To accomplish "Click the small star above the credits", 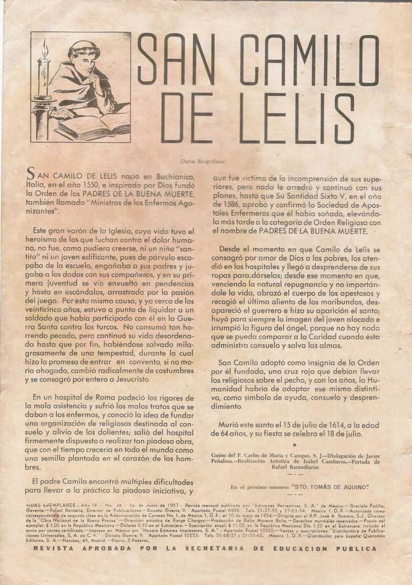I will [294, 444].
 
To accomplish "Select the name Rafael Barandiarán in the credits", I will [295, 466].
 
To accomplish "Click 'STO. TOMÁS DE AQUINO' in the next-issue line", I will [330, 487].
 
